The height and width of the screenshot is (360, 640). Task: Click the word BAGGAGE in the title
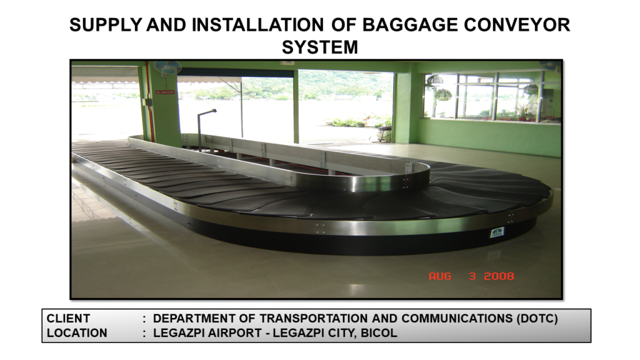410,25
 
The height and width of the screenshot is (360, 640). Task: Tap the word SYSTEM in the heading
320,47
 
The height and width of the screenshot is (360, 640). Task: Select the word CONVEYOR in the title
517,25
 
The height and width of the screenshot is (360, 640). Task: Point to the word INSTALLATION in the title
258,25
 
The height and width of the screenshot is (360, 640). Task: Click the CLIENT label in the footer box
68,318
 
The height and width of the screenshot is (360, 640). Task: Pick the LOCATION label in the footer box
77,333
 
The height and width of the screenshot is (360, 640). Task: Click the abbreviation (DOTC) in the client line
537,318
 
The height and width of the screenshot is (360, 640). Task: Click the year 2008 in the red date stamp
499,276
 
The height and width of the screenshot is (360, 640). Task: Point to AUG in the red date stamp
440,276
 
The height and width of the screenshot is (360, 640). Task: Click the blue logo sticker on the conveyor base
497,232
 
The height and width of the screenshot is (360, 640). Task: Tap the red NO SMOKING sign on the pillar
165,92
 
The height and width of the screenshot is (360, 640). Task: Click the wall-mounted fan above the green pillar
167,67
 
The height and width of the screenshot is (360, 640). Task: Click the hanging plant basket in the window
443,95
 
